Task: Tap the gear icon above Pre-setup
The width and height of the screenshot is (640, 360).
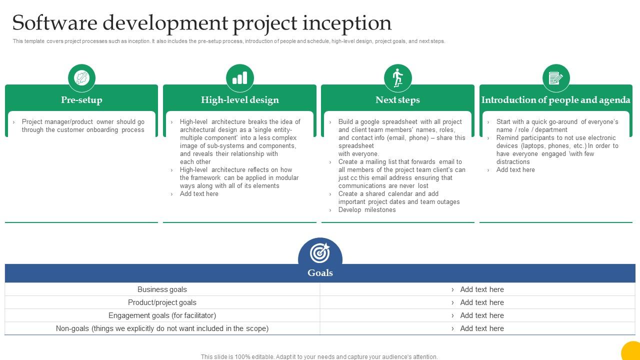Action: click(81, 78)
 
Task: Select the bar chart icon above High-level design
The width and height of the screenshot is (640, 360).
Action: click(240, 78)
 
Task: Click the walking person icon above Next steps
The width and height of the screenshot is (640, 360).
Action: click(398, 78)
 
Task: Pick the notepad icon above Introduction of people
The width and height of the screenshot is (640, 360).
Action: click(556, 78)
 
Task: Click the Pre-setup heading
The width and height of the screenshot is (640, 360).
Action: click(81, 100)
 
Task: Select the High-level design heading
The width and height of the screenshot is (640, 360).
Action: click(240, 100)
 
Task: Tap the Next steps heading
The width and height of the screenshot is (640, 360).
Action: click(398, 100)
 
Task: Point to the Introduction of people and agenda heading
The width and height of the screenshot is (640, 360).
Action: click(556, 100)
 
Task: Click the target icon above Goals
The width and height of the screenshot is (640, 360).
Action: click(320, 252)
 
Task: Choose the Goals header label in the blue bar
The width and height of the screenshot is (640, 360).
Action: click(320, 273)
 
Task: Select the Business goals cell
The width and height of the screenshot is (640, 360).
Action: click(162, 289)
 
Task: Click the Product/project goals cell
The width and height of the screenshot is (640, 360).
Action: click(162, 302)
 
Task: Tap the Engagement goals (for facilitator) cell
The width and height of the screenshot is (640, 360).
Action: click(162, 315)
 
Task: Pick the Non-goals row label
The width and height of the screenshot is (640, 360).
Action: click(162, 328)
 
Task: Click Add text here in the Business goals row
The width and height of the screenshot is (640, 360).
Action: click(481, 289)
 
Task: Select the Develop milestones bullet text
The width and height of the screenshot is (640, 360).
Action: click(367, 210)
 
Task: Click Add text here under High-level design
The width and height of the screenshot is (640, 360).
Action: click(199, 194)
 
